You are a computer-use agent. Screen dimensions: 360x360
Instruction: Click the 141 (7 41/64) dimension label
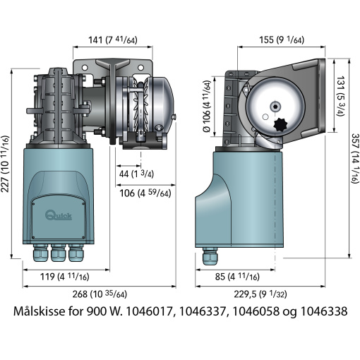[113, 40]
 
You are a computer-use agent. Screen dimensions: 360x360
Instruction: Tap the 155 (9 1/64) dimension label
[282, 40]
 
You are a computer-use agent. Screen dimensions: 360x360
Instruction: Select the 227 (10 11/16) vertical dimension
[5, 164]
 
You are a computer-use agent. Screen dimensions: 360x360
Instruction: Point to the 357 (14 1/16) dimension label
[355, 158]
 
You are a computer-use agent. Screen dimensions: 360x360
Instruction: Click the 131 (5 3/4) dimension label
[340, 96]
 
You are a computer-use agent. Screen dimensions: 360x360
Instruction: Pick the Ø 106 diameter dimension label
[207, 107]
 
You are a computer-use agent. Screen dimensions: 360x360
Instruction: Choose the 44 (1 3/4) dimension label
[136, 174]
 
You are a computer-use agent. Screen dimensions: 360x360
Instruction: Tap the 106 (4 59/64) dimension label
[145, 193]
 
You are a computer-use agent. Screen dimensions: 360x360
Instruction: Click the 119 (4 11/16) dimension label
[65, 277]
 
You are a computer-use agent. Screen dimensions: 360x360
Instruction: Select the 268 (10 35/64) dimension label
[100, 294]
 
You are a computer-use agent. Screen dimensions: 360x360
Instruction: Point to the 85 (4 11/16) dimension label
[237, 277]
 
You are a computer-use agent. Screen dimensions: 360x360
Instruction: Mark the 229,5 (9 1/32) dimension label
[260, 294]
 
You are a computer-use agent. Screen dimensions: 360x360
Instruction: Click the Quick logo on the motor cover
[59, 215]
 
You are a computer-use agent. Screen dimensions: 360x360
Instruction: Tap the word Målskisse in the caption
[39, 311]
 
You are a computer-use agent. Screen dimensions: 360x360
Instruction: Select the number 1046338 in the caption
[324, 311]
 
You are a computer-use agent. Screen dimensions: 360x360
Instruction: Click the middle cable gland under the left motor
[58, 253]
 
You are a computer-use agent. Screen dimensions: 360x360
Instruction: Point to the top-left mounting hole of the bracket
[85, 68]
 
